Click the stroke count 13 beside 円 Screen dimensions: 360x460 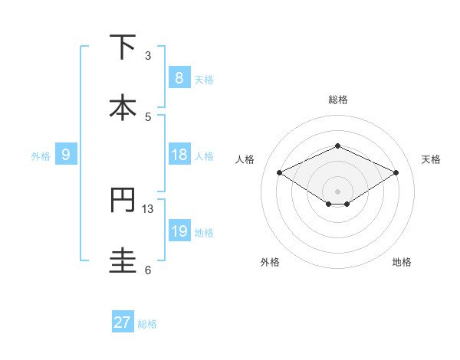tap(148, 208)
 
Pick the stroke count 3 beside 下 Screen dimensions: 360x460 tap(148, 55)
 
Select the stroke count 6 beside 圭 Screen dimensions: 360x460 tap(148, 270)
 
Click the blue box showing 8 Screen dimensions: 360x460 tap(179, 77)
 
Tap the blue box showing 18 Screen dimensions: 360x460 tap(179, 155)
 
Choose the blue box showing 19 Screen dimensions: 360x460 tap(179, 231)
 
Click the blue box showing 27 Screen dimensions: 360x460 tap(123, 322)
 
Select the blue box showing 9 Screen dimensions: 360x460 tap(66, 155)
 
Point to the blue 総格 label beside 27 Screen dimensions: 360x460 tap(147, 324)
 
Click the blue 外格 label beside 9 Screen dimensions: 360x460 tap(41, 155)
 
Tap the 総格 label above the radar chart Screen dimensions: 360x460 tap(337, 100)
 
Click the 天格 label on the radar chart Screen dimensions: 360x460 tap(432, 159)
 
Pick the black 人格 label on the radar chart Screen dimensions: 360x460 tap(245, 159)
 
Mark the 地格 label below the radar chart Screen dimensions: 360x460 tap(402, 262)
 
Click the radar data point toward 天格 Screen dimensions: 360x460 tap(396, 173)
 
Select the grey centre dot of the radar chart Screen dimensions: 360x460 tap(337, 191)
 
